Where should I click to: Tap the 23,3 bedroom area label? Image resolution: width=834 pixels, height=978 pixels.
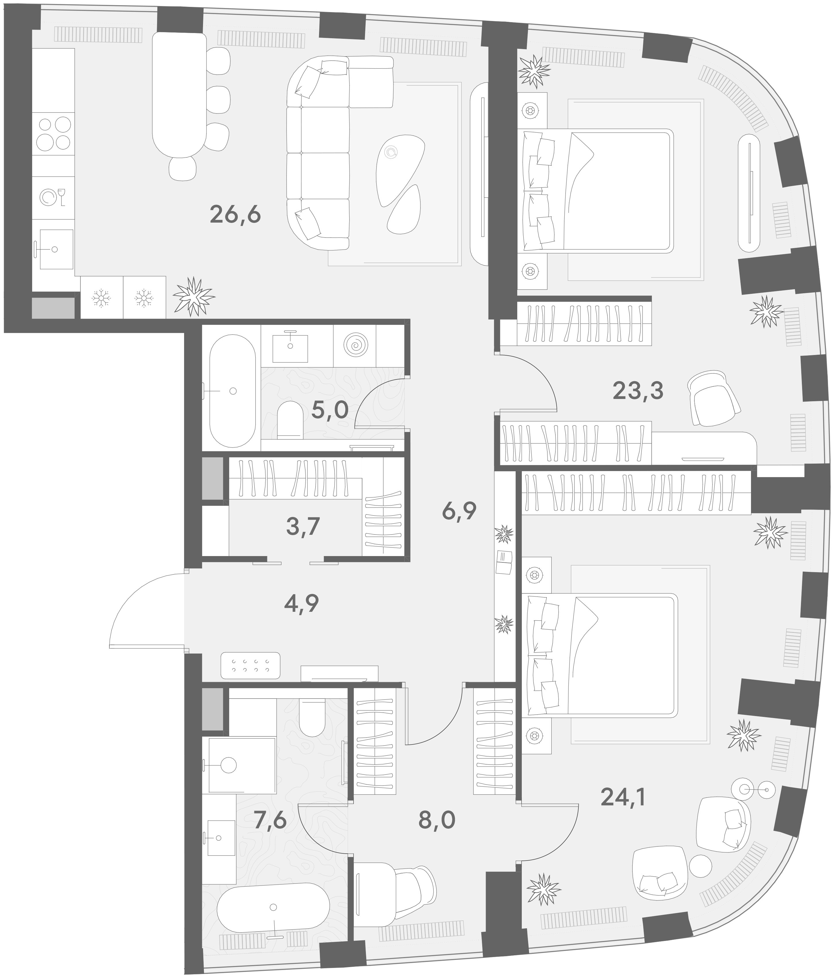(x=638, y=391)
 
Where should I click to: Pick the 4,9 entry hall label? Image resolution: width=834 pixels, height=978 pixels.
(x=302, y=603)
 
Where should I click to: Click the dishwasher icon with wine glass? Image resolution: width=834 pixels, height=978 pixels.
(x=53, y=197)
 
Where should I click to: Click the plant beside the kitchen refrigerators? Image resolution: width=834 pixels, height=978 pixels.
(x=194, y=296)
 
